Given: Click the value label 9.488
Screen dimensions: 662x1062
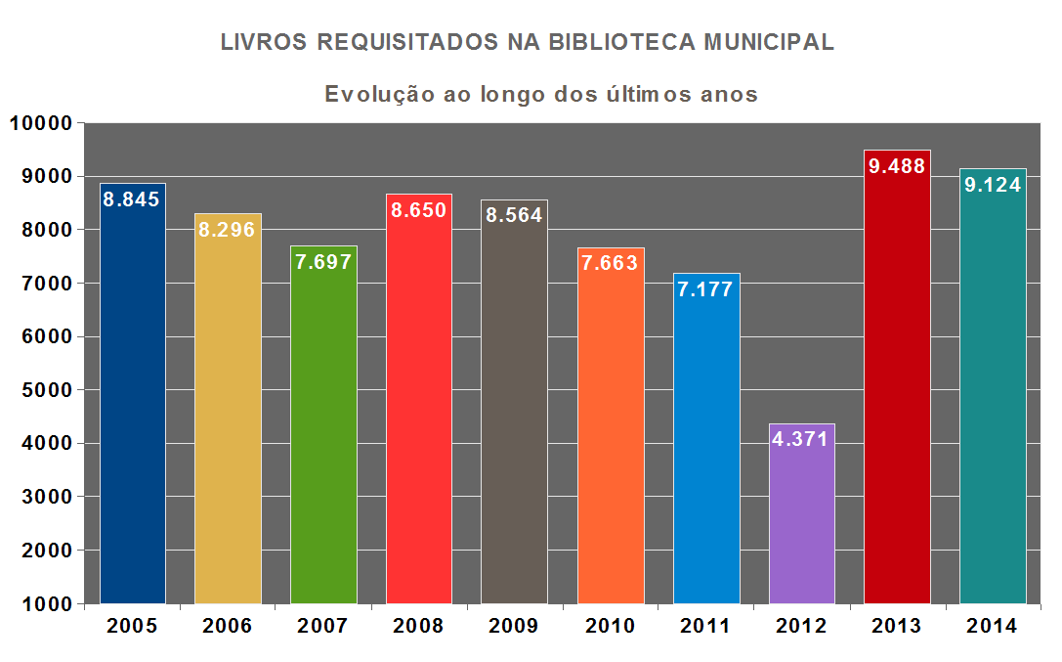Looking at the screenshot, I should pos(897,166).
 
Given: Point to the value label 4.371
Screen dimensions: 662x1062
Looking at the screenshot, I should pos(801,439).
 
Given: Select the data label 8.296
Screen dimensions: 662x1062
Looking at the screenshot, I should pos(227,230).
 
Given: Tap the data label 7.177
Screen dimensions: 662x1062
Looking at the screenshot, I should pos(705,289).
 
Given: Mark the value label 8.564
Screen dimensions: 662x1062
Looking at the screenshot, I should pos(514,216).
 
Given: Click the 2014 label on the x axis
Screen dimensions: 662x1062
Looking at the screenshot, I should pos(993,627).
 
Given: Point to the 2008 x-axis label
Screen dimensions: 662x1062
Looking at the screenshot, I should pos(418,627).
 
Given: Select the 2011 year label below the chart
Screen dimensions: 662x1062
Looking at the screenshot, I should pos(705,627).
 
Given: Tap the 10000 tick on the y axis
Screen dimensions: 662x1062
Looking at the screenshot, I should pos(41,123).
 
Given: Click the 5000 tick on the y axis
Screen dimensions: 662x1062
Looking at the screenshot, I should pos(46,390).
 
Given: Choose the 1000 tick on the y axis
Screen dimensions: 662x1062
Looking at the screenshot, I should pos(46,604).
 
